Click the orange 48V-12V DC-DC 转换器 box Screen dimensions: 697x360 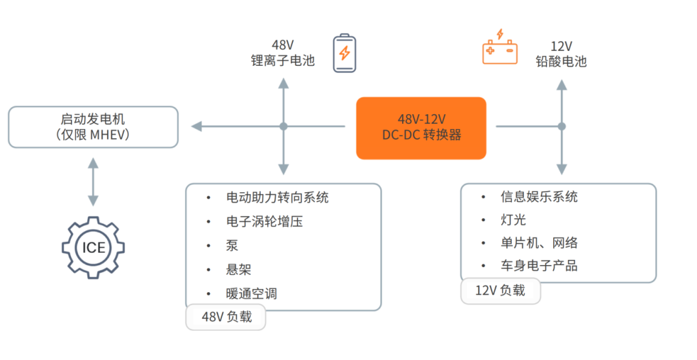[x=421, y=128]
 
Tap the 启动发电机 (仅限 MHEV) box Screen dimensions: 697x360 [x=94, y=127]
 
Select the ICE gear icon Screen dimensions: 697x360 [x=94, y=248]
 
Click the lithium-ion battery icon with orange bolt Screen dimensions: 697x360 [x=345, y=54]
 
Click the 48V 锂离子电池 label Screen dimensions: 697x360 [x=283, y=52]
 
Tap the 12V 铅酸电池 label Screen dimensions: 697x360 [x=561, y=54]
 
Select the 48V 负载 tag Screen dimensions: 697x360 [x=226, y=317]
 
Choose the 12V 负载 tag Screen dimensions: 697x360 [x=501, y=291]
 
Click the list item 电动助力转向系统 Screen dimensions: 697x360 [x=278, y=197]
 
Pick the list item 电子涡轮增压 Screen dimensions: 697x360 [x=265, y=221]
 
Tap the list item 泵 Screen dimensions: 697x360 [x=232, y=245]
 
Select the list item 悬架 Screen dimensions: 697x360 [x=239, y=269]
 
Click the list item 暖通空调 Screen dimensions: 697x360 [x=252, y=294]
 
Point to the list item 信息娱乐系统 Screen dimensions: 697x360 [x=539, y=196]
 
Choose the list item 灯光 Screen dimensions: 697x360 [x=514, y=219]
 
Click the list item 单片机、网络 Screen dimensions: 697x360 [x=539, y=243]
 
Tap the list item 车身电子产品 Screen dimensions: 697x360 [x=539, y=266]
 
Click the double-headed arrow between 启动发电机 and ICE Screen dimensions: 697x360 [x=93, y=182]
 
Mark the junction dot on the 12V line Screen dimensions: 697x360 [x=562, y=126]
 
